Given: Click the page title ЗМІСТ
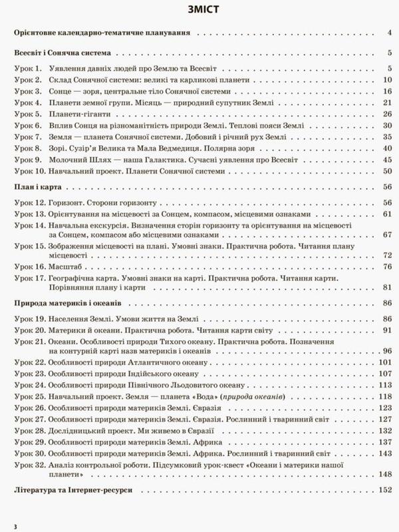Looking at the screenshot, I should pos(199,11).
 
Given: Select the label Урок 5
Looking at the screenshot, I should pos(29,115).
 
